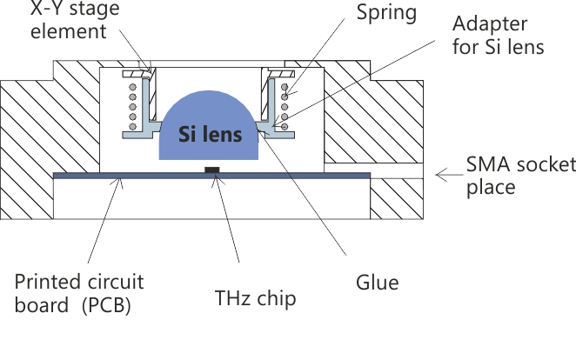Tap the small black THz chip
pos(210,170)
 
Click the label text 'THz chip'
pos(255,298)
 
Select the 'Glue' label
pos(378,283)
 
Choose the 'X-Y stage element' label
pos(61,21)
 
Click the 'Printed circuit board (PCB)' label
pos(79,294)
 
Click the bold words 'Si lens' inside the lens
pos(209,135)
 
